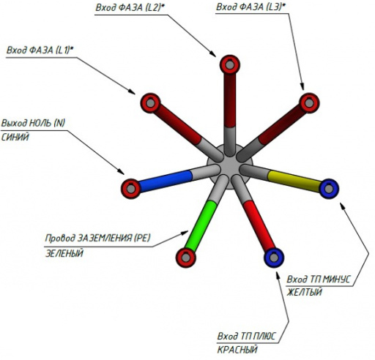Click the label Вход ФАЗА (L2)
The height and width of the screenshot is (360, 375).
tap(130, 7)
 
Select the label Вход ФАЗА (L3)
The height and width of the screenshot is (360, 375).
tap(250, 7)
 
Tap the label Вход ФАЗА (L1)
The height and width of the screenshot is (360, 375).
tap(40, 50)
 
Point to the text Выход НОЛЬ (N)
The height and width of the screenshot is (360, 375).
tap(34, 123)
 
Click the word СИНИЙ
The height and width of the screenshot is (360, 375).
tap(15, 138)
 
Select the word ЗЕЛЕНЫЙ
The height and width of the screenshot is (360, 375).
tap(64, 253)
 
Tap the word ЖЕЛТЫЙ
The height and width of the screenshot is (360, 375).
tap(304, 292)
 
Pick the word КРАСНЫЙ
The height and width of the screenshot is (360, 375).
tap(237, 350)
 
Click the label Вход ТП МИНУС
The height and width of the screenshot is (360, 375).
tap(319, 279)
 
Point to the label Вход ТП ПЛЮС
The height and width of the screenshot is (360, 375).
tap(246, 337)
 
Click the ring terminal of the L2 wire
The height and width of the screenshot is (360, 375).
tap(230, 65)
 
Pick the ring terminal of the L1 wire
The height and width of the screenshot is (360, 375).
tap(150, 103)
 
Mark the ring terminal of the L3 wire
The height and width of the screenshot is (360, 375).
tap(309, 103)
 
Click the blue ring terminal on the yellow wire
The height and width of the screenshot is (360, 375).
tap(329, 189)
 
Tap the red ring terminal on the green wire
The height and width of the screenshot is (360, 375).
tap(186, 258)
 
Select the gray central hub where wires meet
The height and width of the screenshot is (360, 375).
tap(229, 167)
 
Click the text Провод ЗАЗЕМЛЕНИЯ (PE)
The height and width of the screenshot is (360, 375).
tap(97, 238)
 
